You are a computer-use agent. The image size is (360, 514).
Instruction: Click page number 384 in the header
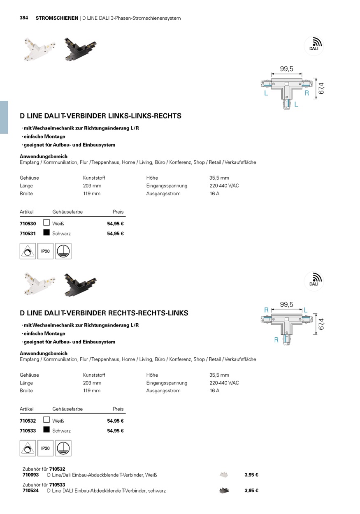click(x=24, y=18)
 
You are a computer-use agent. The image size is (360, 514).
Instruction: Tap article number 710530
click(x=28, y=224)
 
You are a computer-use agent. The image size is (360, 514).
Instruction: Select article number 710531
click(x=28, y=234)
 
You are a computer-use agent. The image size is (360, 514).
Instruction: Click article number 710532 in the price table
click(x=28, y=421)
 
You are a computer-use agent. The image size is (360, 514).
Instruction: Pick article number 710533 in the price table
click(x=28, y=431)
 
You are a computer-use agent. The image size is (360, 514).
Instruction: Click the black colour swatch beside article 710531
click(x=46, y=233)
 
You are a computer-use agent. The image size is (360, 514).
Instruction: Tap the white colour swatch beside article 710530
click(x=46, y=223)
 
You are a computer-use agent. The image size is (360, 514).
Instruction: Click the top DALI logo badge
click(x=314, y=45)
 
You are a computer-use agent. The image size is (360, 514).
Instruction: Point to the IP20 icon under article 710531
click(x=45, y=251)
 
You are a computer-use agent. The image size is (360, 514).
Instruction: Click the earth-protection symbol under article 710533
click(x=63, y=448)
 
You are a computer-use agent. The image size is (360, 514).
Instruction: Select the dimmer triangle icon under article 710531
click(x=28, y=251)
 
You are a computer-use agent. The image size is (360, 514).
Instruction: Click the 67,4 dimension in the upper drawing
click(x=321, y=88)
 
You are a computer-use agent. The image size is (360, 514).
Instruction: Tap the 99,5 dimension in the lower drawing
click(x=286, y=305)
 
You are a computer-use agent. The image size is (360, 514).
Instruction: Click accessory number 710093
click(x=30, y=475)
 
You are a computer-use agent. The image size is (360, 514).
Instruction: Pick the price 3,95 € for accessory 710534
click(x=251, y=491)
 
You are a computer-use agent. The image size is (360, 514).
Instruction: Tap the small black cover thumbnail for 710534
click(x=224, y=491)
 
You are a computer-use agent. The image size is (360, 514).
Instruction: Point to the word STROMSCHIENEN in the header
click(x=57, y=18)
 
